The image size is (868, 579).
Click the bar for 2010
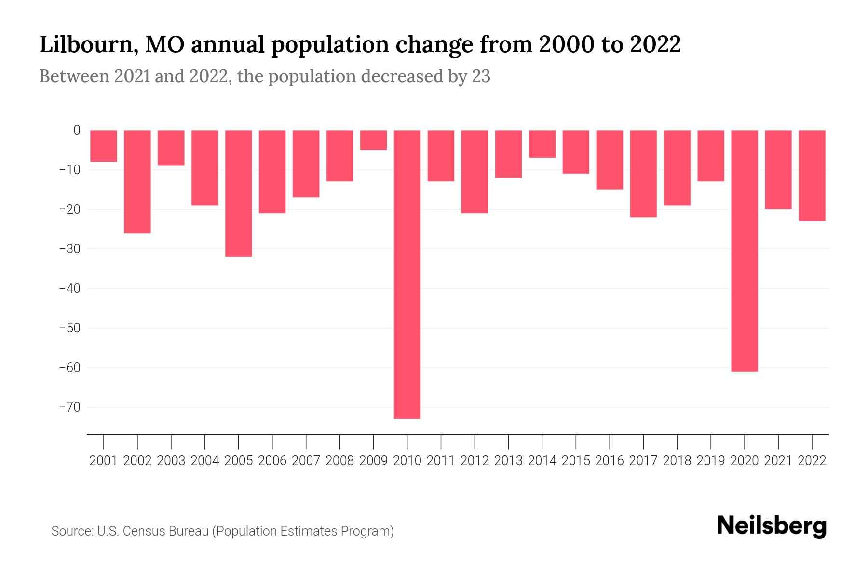tap(407, 274)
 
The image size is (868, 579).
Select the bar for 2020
tap(744, 250)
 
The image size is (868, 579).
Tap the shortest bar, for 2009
tap(373, 140)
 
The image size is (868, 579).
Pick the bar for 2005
tap(238, 193)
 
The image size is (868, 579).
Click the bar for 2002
tap(137, 181)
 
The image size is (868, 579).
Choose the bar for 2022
tap(812, 176)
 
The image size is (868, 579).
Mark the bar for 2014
tap(542, 144)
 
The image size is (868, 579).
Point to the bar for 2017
tap(643, 174)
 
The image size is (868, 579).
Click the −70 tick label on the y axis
tap(69, 407)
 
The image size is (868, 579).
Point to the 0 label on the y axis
tap(77, 130)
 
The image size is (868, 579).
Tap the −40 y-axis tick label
tap(69, 289)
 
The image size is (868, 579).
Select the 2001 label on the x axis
tap(104, 461)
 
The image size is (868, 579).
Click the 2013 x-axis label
tap(508, 461)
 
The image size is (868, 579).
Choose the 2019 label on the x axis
tap(710, 461)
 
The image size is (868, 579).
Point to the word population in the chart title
tap(328, 45)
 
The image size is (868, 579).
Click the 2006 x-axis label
tap(272, 461)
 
